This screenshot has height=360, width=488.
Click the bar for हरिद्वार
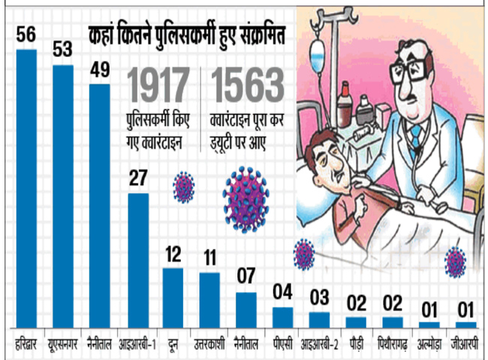[26, 187]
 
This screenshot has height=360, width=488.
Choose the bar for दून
[173, 297]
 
